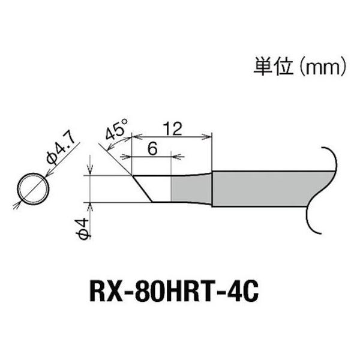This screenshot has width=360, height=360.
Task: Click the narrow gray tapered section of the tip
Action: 191,188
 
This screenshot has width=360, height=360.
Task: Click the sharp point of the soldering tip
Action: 132,175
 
